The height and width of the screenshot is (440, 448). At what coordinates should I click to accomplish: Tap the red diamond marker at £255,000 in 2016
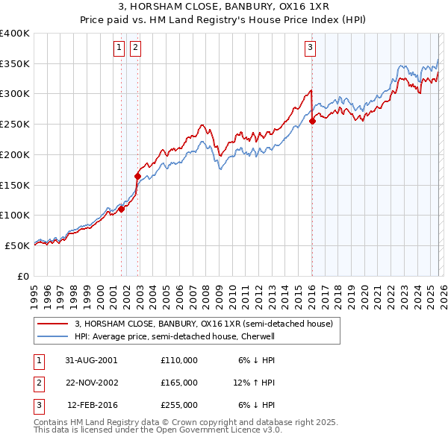312,122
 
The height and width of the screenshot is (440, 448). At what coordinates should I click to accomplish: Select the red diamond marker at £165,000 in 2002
137,177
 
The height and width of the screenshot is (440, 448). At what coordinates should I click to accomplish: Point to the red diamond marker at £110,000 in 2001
122,210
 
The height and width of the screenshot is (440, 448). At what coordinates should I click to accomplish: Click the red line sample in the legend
52,324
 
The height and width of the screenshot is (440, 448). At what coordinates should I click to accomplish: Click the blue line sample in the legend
52,336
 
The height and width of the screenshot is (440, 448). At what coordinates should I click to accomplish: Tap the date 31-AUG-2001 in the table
91,360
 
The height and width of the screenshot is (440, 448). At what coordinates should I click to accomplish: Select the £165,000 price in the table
179,383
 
